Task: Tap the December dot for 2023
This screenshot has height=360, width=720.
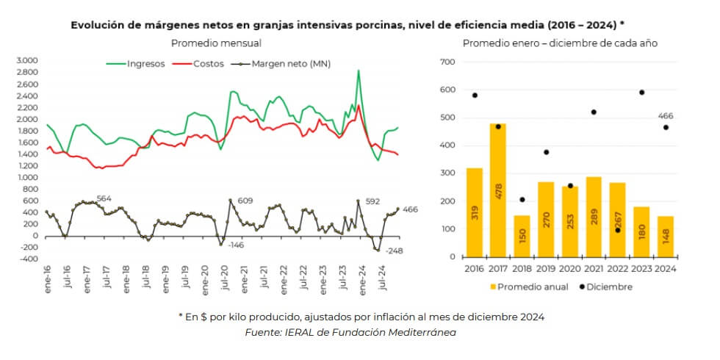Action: point(642,93)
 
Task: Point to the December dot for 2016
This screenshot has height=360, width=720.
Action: point(475,96)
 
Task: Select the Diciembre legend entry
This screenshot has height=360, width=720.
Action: point(603,287)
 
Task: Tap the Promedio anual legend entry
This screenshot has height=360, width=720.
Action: point(529,287)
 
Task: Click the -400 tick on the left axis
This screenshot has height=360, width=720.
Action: point(28,259)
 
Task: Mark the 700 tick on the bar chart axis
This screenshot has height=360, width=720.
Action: point(447,62)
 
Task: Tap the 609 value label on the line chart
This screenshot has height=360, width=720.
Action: point(245,201)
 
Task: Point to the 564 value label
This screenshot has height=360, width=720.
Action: point(104,198)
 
